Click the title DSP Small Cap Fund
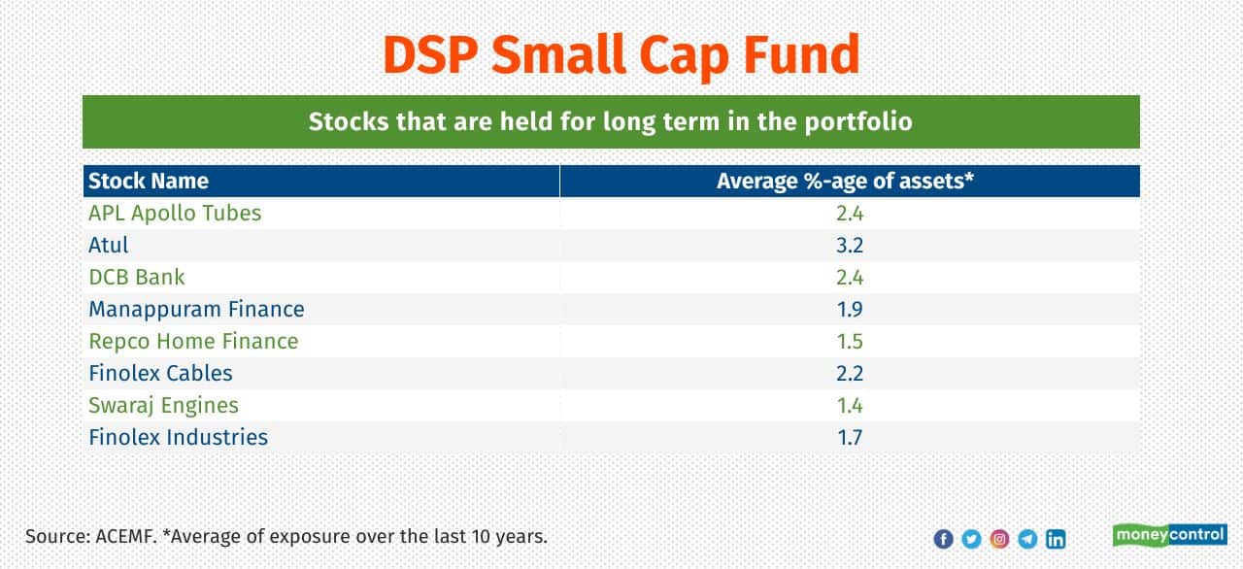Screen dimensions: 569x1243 (621, 54)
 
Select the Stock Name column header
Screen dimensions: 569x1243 (149, 181)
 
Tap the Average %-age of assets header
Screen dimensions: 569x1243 (845, 181)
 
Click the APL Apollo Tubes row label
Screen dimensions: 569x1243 (175, 213)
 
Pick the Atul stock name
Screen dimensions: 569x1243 (108, 245)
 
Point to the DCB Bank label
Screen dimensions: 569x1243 (136, 277)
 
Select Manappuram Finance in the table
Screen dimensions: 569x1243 (196, 309)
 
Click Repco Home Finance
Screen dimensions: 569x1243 (193, 341)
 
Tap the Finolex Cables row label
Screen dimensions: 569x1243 (160, 373)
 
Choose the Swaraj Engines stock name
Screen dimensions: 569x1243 (163, 405)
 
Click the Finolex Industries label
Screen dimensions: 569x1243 (178, 437)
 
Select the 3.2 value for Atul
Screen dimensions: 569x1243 (850, 245)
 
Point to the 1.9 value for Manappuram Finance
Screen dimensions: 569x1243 (850, 309)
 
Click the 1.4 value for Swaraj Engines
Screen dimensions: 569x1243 (850, 405)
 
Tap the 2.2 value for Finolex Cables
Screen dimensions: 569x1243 (850, 373)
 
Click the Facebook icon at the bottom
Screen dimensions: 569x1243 (943, 539)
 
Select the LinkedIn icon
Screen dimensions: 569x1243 (1056, 539)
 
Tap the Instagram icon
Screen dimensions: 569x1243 (999, 539)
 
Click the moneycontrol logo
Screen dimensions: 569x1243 (1169, 535)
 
